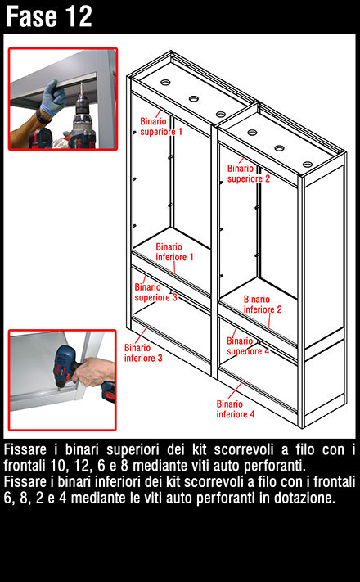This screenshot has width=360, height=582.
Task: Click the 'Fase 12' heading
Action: click(x=49, y=16)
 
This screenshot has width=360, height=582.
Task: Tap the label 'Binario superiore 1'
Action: click(x=161, y=127)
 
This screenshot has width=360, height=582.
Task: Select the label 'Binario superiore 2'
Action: click(x=249, y=174)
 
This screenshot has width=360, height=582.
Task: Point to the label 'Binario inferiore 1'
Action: click(x=174, y=252)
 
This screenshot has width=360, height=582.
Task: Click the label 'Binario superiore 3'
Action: click(x=156, y=292)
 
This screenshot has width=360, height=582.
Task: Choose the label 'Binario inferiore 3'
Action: click(x=143, y=353)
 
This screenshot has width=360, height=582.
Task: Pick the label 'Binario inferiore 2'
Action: click(x=263, y=305)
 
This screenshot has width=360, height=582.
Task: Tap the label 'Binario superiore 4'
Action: click(x=248, y=346)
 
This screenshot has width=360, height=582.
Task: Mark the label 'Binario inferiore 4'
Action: click(x=236, y=409)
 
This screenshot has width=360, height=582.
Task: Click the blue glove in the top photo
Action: click(x=54, y=97)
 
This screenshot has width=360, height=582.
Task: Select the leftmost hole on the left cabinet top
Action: click(x=165, y=82)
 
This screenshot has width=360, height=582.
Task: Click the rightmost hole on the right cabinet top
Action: click(x=308, y=165)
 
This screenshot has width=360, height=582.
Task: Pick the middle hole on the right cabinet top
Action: click(x=280, y=148)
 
